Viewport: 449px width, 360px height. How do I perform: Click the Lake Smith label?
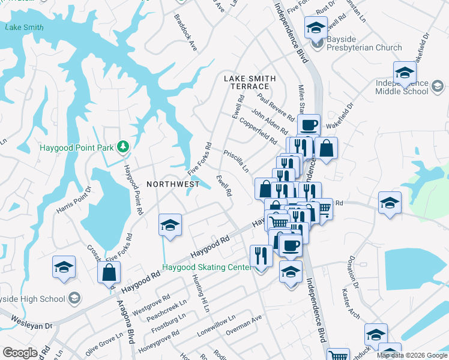(x=24, y=27)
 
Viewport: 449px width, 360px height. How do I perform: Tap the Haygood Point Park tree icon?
(x=123, y=146)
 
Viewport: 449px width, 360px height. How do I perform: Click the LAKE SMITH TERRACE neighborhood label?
(x=250, y=82)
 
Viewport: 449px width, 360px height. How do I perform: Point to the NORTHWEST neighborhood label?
(x=173, y=184)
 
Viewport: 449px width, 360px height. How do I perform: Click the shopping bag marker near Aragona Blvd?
(x=109, y=272)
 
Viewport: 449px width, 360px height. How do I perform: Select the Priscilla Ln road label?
(x=237, y=160)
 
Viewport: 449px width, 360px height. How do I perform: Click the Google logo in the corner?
(x=20, y=353)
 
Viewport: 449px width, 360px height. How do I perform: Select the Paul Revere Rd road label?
(x=275, y=106)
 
